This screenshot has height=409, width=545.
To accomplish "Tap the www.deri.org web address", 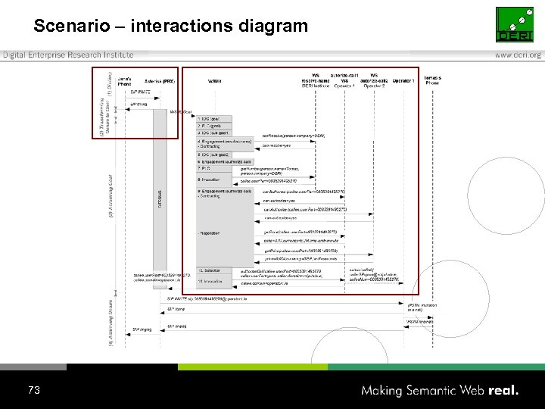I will coord(518,55).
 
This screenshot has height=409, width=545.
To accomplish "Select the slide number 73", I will coord(33,390).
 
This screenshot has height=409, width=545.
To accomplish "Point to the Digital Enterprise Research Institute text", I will coord(68,55).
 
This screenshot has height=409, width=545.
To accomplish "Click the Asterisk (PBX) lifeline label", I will coord(160,81).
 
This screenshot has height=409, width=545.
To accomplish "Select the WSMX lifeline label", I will coord(214,81).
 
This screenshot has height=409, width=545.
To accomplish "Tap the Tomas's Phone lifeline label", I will coord(432,80).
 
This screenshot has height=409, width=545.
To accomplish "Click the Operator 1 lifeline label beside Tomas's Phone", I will coord(403,80).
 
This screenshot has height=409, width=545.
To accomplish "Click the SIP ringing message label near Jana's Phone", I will coord(142,329).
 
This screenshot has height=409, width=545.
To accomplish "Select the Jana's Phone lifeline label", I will coord(125,80).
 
